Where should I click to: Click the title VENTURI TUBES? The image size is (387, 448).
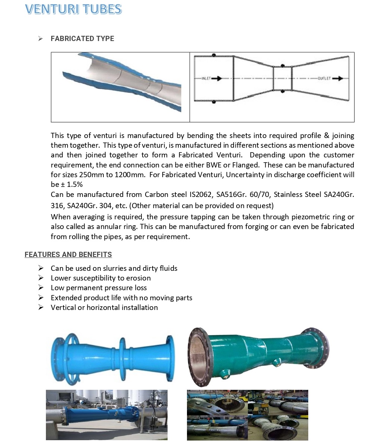(x=73, y=9)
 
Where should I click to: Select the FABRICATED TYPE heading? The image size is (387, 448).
(x=82, y=39)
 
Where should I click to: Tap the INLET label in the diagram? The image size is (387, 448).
(x=206, y=79)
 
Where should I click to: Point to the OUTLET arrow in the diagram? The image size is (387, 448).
(x=337, y=79)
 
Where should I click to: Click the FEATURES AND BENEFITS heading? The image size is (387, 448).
(x=68, y=255)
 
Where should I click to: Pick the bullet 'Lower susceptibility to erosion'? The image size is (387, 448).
(x=101, y=278)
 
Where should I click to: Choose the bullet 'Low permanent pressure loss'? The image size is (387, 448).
(x=99, y=288)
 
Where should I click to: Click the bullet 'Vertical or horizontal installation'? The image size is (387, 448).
(x=104, y=307)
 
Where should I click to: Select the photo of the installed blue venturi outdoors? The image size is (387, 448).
(x=106, y=415)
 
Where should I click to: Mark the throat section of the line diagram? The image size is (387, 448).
(x=282, y=78)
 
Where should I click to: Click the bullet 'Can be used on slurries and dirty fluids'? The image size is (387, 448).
(x=114, y=268)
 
